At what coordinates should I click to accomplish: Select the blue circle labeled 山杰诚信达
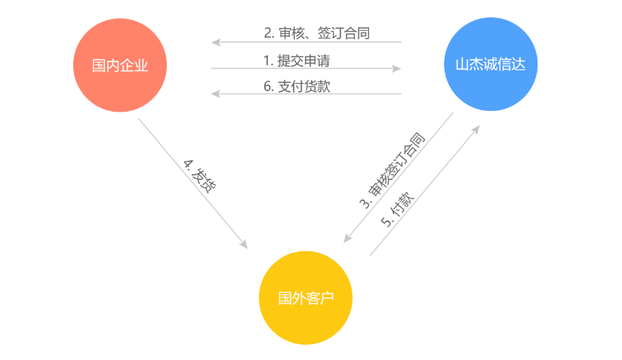tap(491, 64)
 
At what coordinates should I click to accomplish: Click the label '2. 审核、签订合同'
tap(316, 33)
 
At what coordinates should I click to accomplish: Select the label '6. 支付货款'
tap(297, 86)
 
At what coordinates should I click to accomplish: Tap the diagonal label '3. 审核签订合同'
tap(391, 171)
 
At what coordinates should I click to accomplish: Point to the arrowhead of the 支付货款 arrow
tap(215, 94)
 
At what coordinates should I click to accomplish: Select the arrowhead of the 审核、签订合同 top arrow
tap(215, 42)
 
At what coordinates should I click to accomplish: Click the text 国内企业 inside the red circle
tap(119, 66)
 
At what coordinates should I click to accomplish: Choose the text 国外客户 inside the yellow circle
tap(305, 297)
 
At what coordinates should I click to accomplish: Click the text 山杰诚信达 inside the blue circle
tap(491, 65)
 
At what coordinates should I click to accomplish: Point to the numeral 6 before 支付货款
tap(267, 86)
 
